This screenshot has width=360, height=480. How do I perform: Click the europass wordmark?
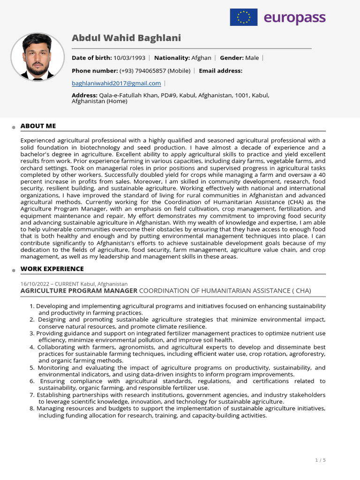[294, 18]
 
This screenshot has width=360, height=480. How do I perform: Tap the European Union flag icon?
[243, 17]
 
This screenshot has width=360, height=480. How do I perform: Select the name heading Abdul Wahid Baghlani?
[126, 38]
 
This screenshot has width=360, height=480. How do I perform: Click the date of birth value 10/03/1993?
[129, 58]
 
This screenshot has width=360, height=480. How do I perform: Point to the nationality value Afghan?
[201, 58]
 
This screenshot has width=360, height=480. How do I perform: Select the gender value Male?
[252, 58]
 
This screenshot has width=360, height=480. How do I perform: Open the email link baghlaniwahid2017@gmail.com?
[116, 83]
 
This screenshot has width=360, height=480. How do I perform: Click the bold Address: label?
[84, 95]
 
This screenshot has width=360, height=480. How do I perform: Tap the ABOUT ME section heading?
[38, 126]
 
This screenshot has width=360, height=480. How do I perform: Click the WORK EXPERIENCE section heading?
[52, 269]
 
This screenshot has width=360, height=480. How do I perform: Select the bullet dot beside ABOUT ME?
[15, 127]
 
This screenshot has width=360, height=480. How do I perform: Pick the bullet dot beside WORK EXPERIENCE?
[15, 270]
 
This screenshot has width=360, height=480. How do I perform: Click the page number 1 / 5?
[321, 460]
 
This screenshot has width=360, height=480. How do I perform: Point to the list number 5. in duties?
[32, 368]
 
